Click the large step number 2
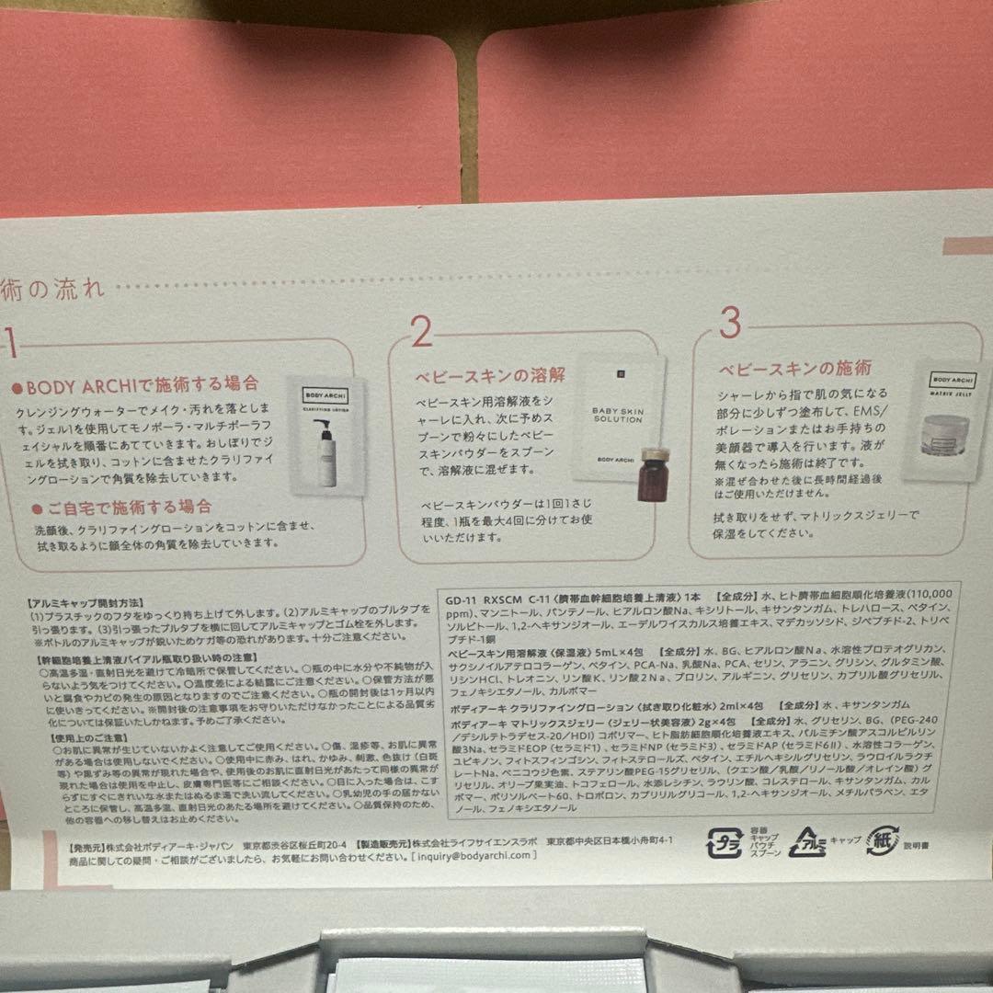pos(421,332)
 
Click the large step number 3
pos(729,324)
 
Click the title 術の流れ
pos(52,287)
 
